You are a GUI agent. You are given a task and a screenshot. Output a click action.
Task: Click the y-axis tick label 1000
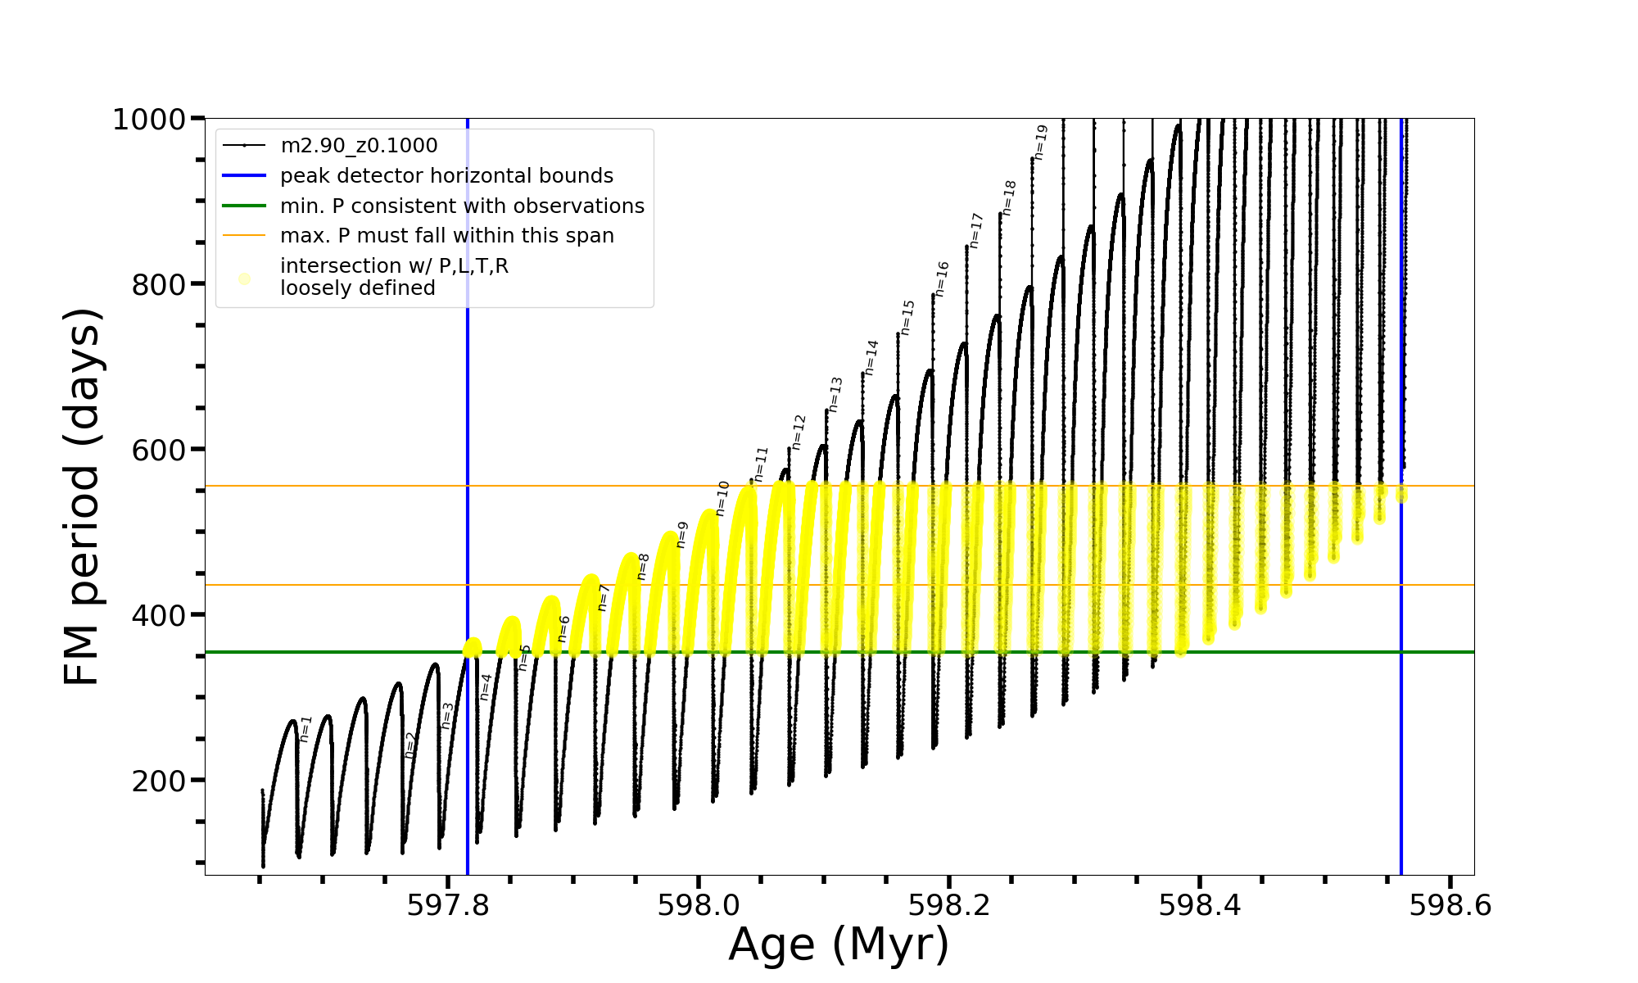click(x=149, y=120)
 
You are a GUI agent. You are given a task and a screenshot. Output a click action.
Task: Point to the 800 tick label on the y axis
click(x=159, y=285)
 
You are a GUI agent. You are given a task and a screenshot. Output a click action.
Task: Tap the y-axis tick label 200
click(x=159, y=781)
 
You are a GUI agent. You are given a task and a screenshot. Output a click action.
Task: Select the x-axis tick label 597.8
click(x=447, y=905)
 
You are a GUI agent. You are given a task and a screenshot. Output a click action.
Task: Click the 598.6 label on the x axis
click(x=1450, y=905)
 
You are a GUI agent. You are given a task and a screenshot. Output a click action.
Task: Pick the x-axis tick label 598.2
click(x=948, y=905)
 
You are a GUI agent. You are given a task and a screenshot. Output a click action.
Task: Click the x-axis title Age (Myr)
click(x=839, y=944)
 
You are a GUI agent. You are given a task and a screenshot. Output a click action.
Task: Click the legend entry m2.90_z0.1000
click(x=359, y=146)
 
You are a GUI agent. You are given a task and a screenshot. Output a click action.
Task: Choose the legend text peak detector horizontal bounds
click(x=446, y=176)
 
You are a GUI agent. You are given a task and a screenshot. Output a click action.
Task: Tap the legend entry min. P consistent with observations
click(x=462, y=206)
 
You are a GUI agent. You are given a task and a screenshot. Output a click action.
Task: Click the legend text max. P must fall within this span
click(x=446, y=236)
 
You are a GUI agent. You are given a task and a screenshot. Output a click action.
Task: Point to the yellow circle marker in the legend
click(x=244, y=279)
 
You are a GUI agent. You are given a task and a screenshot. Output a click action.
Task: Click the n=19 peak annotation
click(x=1040, y=143)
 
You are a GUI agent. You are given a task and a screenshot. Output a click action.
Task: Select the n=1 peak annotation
click(x=305, y=729)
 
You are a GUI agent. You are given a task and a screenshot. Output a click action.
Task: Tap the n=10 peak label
click(x=722, y=498)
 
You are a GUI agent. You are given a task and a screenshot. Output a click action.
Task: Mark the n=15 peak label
click(x=907, y=317)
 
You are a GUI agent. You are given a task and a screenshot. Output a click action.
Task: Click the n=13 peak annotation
click(x=835, y=394)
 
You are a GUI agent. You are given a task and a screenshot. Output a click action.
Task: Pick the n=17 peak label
click(x=975, y=230)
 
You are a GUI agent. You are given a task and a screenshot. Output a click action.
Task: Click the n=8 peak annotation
click(x=643, y=566)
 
